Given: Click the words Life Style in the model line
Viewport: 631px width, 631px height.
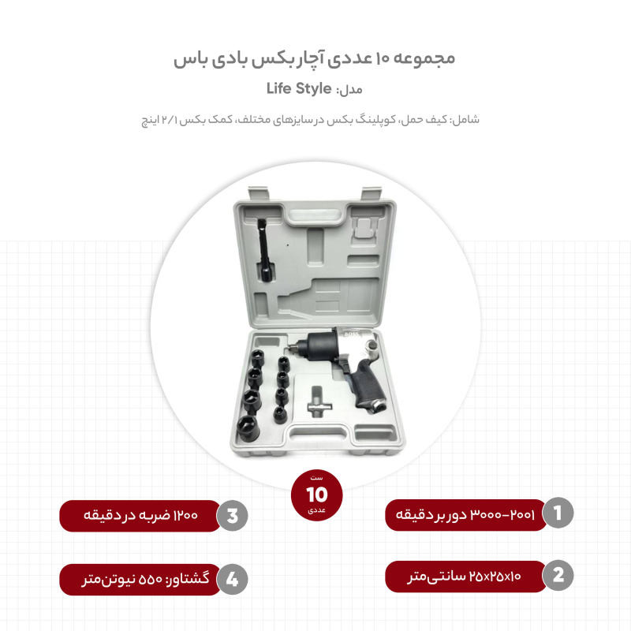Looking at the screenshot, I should point(299,88).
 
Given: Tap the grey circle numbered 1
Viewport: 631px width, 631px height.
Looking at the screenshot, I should point(558,513).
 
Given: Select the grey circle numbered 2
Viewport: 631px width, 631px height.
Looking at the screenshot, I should point(558,576).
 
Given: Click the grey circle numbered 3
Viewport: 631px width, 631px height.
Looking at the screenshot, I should point(232,516).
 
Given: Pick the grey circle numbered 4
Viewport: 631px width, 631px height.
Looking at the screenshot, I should point(232,579).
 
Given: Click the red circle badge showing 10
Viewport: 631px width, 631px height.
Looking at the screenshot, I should point(315,495).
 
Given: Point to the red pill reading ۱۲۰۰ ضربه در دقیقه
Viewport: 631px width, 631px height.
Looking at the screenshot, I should point(140,516).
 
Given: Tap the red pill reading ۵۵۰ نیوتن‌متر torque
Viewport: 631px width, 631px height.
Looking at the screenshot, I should point(140,579).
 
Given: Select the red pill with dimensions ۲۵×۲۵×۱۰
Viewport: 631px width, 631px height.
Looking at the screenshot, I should point(465,576).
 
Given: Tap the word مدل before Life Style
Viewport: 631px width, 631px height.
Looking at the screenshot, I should point(349,90).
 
